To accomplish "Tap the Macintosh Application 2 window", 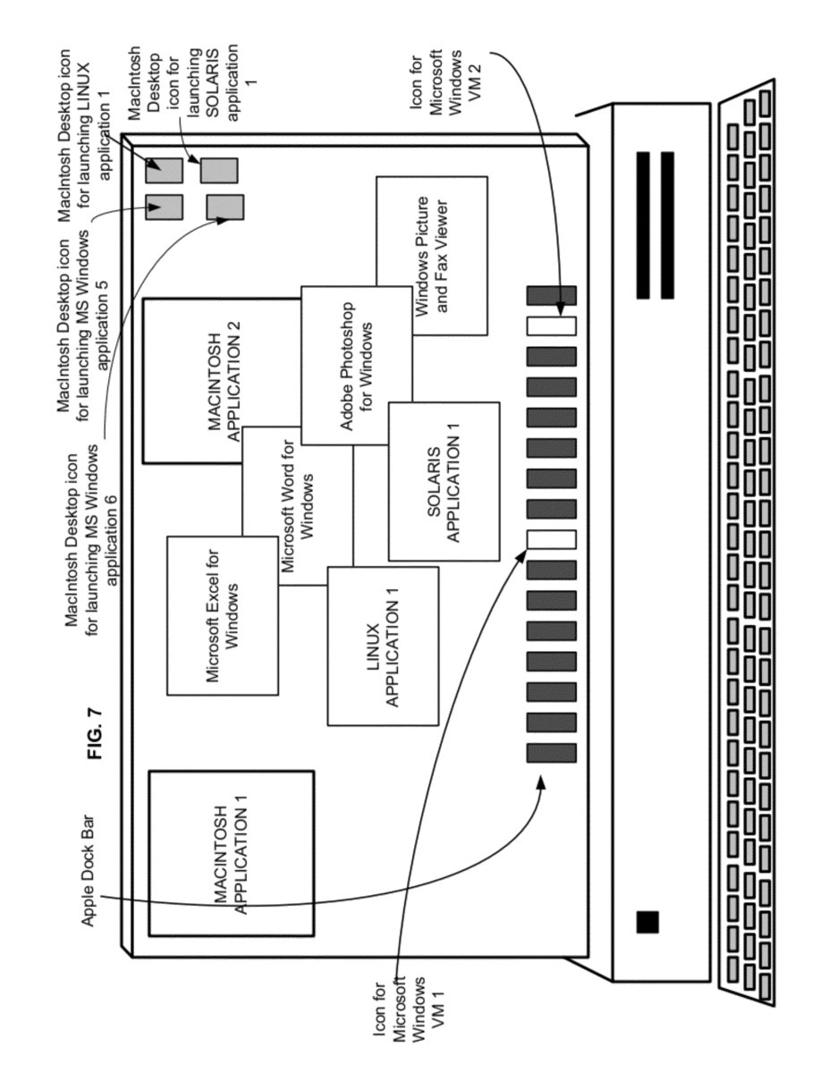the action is click(x=198, y=381).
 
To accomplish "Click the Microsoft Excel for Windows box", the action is click(x=222, y=616).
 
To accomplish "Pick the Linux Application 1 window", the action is click(x=383, y=646).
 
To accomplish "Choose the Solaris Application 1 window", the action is click(x=444, y=481).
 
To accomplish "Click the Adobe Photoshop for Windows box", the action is click(x=357, y=366).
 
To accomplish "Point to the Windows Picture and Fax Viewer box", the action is click(x=432, y=256).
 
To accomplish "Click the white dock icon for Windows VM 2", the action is click(x=551, y=326).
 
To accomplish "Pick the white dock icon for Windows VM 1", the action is click(x=551, y=539).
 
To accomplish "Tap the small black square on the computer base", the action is click(x=647, y=922).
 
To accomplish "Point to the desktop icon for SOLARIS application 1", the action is click(x=219, y=171).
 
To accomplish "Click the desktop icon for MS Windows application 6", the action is click(x=224, y=207).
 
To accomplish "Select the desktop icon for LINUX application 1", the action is click(x=164, y=171).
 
